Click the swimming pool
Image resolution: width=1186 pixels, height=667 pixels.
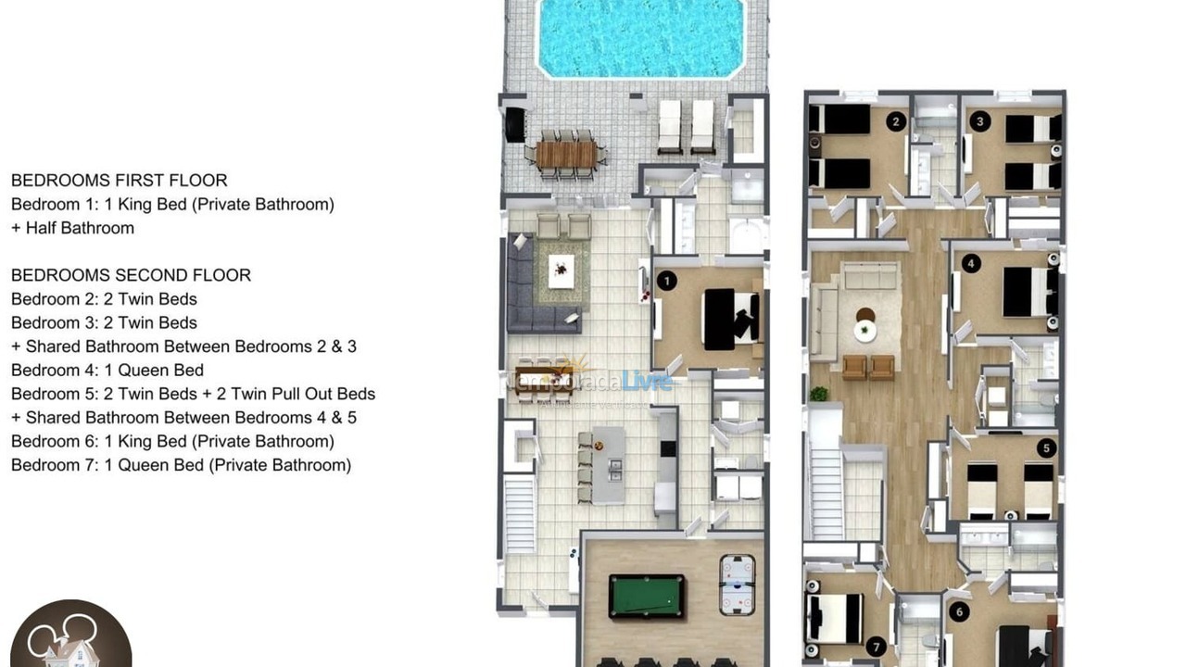(x=641, y=37)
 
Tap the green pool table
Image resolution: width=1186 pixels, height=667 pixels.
(x=647, y=596)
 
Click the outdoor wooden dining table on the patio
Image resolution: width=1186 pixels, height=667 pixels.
(x=565, y=154)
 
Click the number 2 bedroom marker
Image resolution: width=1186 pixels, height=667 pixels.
(x=895, y=121)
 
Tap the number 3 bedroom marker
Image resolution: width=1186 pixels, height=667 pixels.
(x=979, y=120)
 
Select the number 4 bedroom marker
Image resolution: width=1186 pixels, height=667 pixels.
(x=970, y=264)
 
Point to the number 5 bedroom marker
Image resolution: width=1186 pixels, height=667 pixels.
(x=1047, y=448)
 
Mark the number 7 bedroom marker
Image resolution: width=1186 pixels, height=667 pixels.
(x=876, y=647)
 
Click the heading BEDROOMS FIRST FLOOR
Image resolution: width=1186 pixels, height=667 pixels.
(x=119, y=181)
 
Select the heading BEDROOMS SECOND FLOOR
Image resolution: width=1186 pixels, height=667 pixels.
(x=131, y=275)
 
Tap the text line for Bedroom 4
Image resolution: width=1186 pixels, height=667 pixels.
(x=107, y=371)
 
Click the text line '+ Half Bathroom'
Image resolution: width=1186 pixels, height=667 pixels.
(x=72, y=228)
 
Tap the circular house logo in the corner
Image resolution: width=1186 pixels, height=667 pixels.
(x=69, y=637)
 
